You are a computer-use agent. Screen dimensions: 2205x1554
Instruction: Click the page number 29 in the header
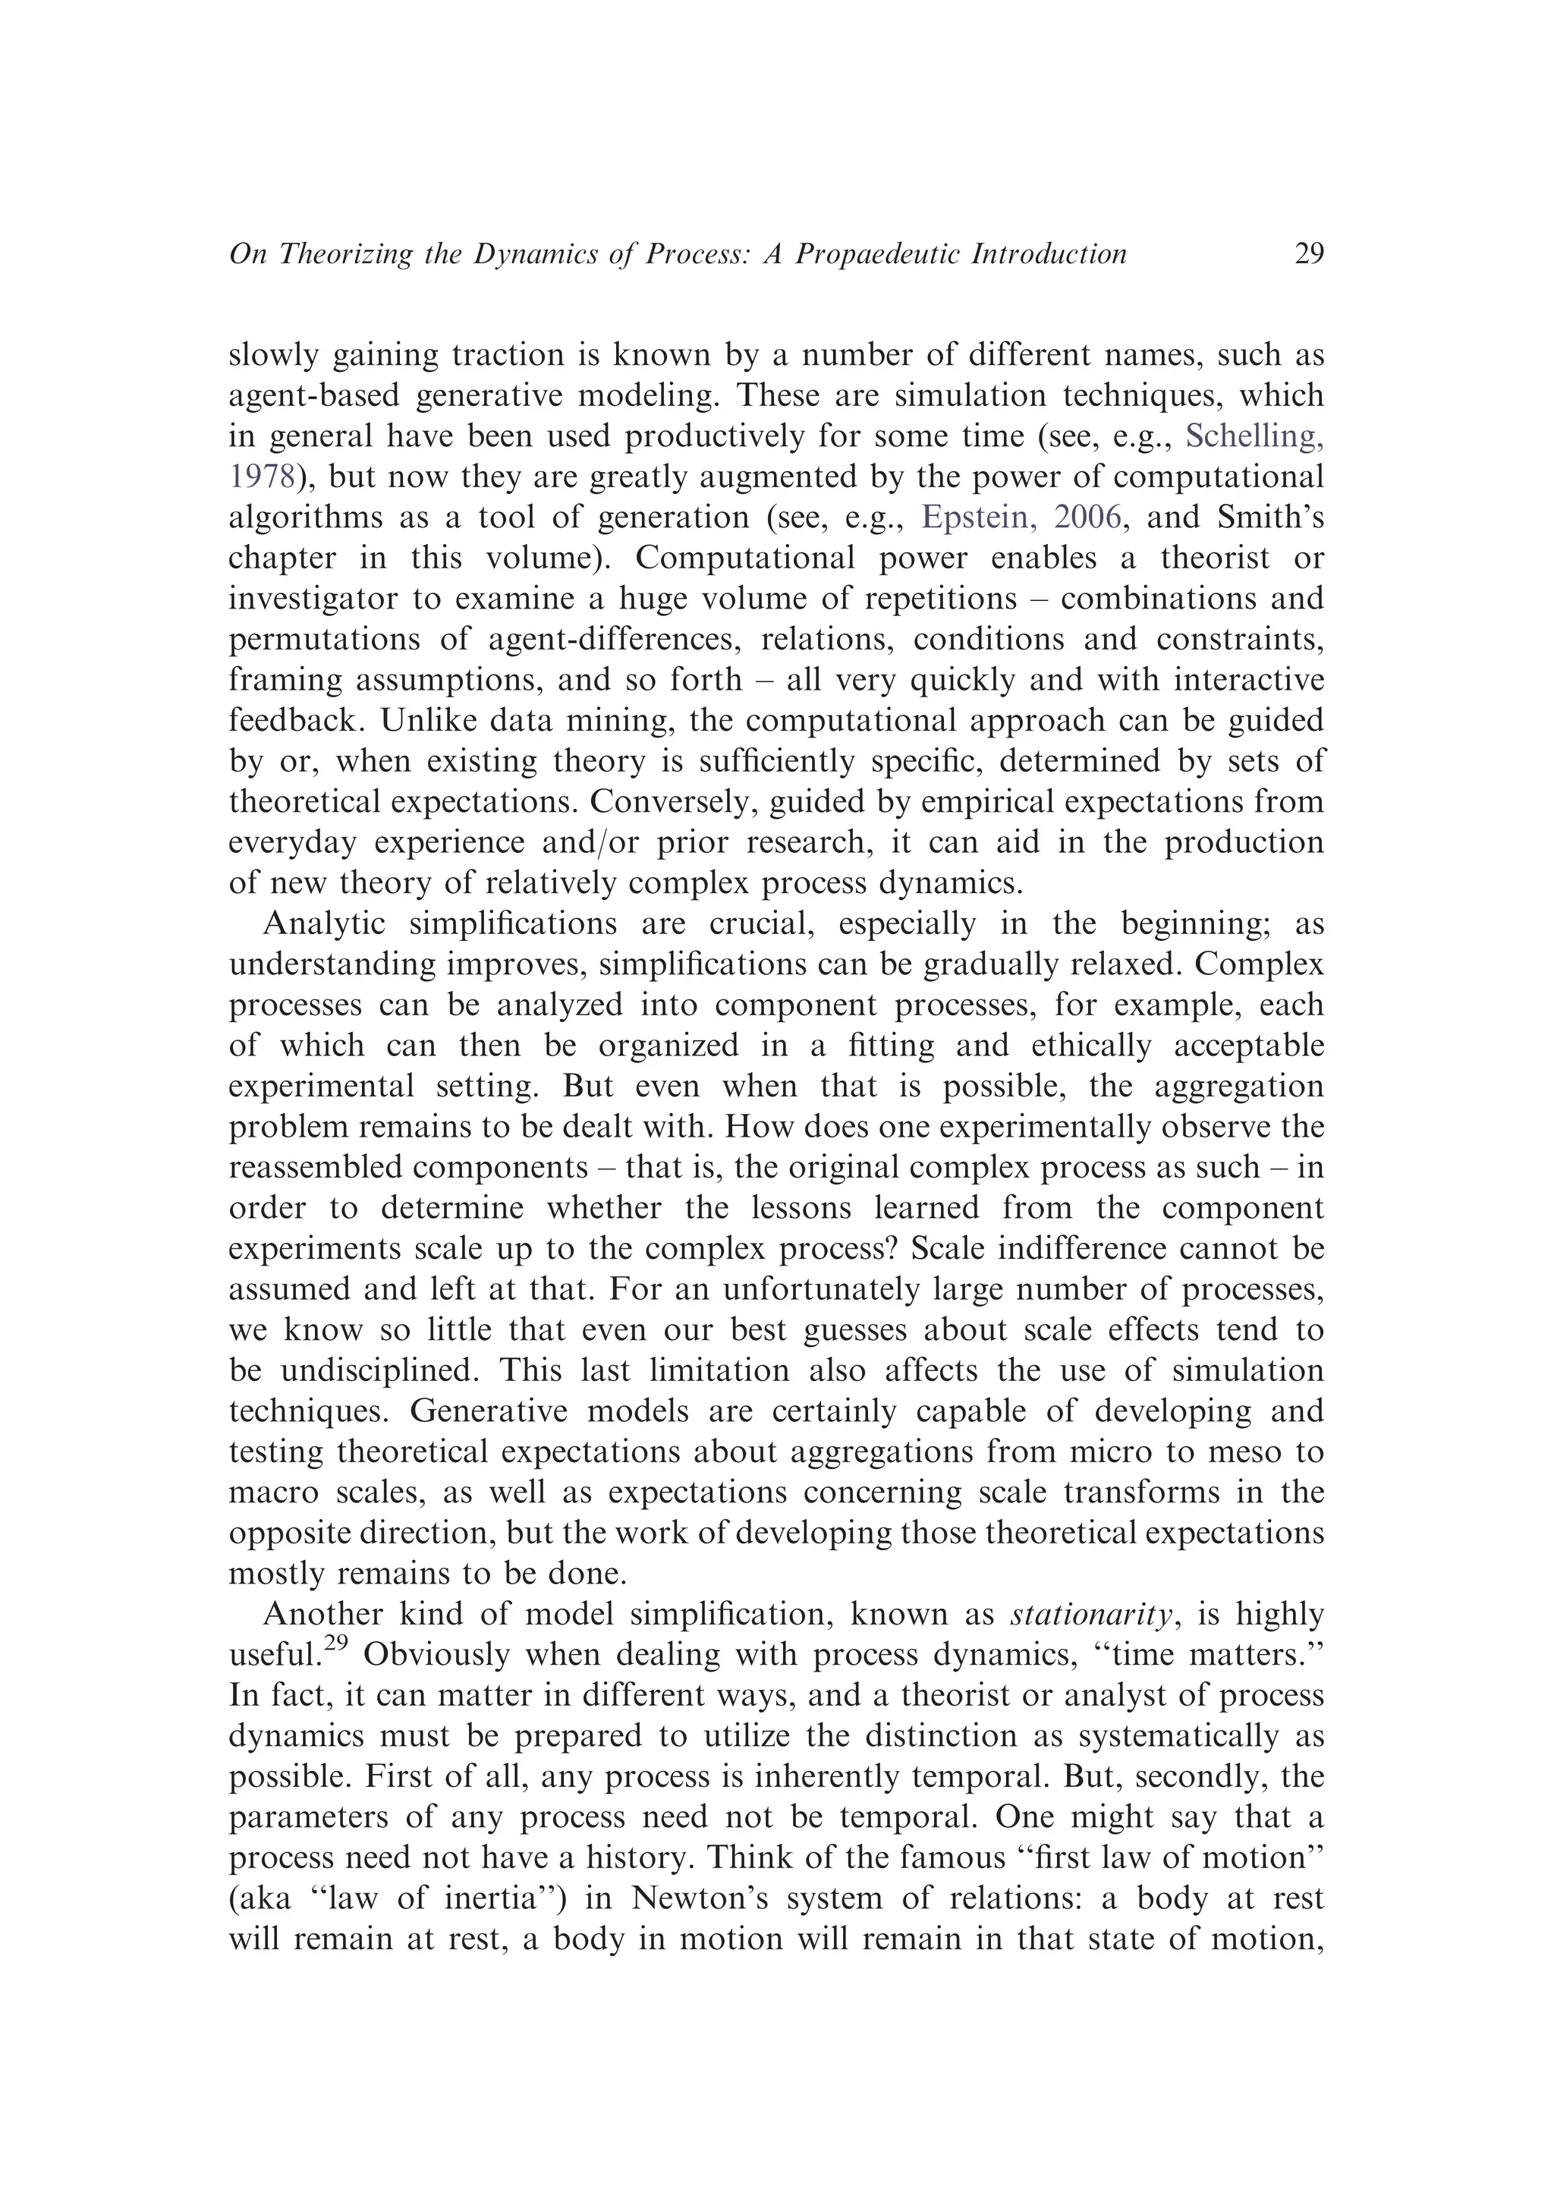click(1308, 254)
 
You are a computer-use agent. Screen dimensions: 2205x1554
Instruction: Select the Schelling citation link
click(1254, 437)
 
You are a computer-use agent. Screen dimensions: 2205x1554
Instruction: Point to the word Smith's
click(1271, 517)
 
